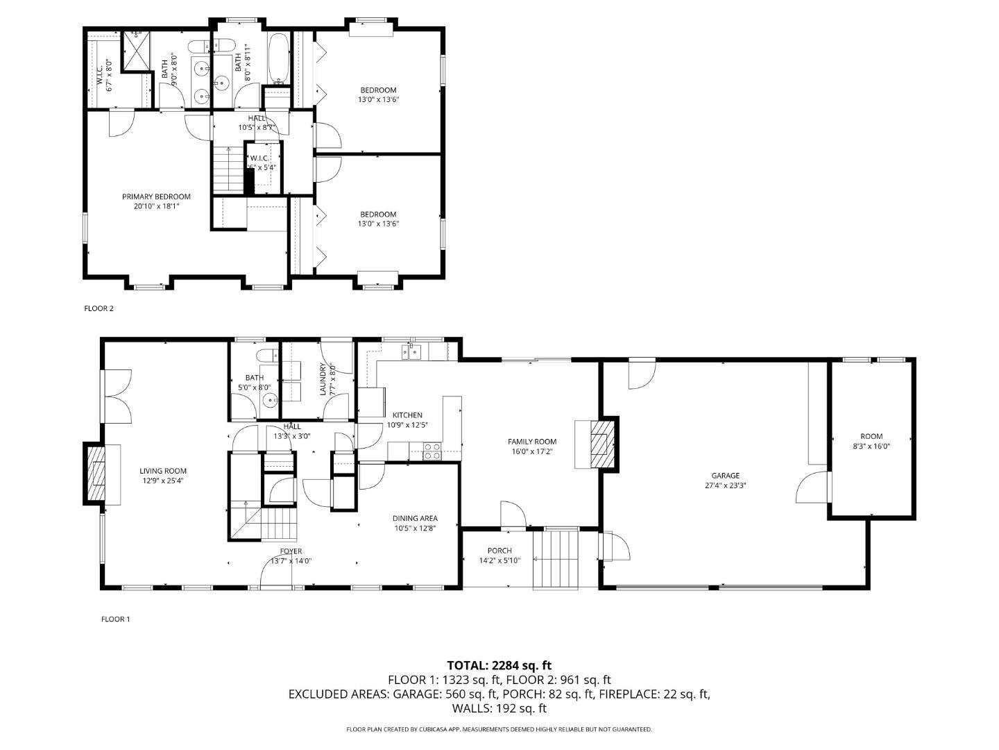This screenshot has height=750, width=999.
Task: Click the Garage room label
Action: (x=724, y=476)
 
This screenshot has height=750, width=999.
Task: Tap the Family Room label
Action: (x=531, y=442)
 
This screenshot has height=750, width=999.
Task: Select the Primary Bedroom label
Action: (x=156, y=197)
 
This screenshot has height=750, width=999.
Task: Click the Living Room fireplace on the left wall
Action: (x=95, y=474)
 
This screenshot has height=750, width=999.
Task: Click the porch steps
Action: (x=555, y=559)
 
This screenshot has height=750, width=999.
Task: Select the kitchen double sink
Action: (x=412, y=353)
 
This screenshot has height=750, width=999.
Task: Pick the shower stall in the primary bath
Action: (x=136, y=51)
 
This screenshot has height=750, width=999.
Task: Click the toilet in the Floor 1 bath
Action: (x=266, y=356)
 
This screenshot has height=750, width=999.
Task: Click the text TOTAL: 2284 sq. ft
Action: (x=499, y=665)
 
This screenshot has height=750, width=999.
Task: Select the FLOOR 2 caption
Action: (x=99, y=308)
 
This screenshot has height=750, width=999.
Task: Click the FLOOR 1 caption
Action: (x=116, y=619)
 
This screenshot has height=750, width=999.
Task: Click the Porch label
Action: (x=499, y=551)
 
